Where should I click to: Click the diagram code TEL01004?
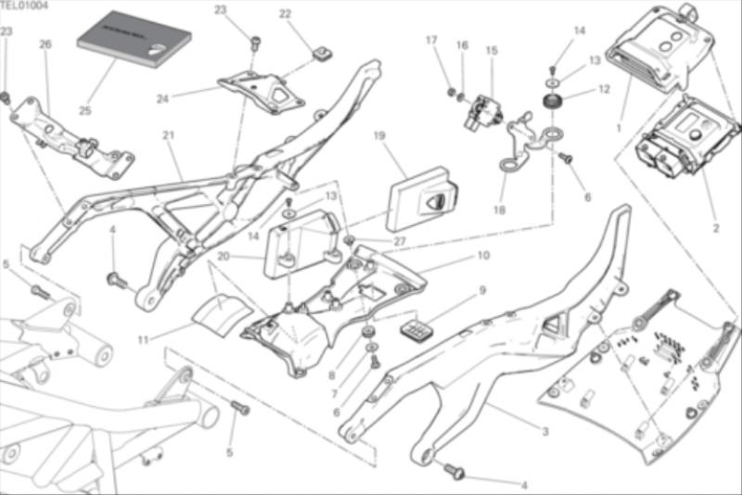24,6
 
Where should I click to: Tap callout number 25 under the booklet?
84,111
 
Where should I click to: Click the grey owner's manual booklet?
133,42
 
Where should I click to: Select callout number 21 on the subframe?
168,135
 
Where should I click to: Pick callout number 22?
285,14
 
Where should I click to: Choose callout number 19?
379,136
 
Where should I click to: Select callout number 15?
491,50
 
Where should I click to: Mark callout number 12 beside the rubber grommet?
604,90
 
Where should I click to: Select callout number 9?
482,290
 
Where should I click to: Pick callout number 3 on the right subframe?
545,432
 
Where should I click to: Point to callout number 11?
143,340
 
